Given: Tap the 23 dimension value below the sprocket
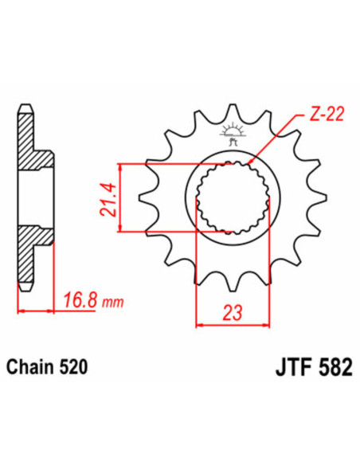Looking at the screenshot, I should [x=233, y=311].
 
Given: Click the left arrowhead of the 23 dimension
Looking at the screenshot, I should [x=200, y=325].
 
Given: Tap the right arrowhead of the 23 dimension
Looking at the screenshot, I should [x=264, y=325].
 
